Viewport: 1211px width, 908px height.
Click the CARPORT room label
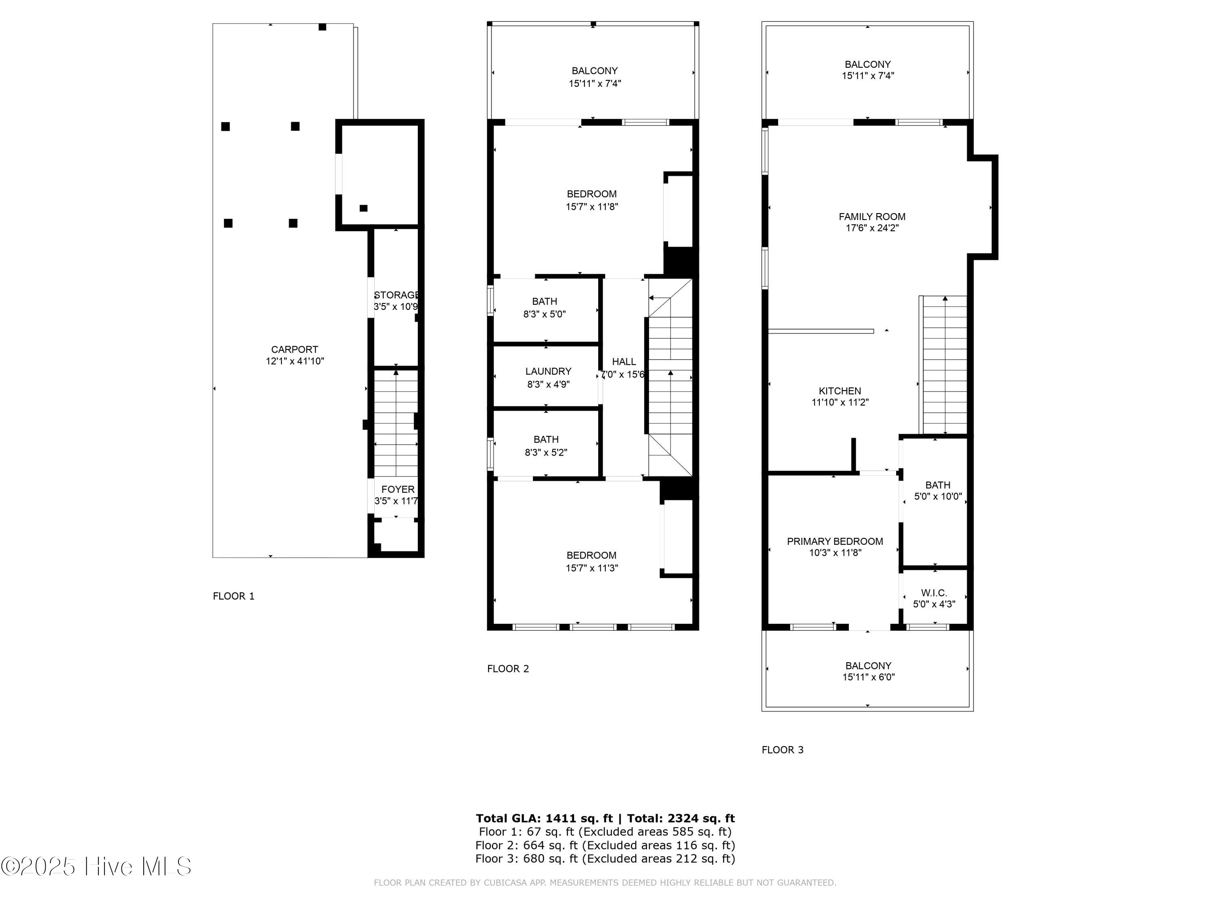(295, 349)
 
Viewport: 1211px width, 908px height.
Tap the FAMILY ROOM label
(872, 217)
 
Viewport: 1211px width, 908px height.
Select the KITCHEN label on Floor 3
(840, 391)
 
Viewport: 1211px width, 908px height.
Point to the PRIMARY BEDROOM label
(835, 541)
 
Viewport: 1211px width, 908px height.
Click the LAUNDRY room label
(548, 371)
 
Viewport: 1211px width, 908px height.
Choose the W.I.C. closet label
(934, 593)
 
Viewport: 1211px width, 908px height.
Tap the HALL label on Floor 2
(624, 362)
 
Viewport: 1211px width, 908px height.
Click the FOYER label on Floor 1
(398, 489)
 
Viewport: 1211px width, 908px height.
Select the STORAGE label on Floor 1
(396, 295)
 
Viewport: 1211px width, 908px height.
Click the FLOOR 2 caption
(508, 669)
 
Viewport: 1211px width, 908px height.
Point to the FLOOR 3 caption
(782, 750)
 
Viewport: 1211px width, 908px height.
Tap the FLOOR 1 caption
(234, 596)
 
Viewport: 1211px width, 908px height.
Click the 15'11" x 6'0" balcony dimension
(868, 677)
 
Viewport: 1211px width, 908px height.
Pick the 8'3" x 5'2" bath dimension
(546, 453)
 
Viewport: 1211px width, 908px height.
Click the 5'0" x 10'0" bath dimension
(938, 496)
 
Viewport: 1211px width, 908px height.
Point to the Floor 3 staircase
(945, 366)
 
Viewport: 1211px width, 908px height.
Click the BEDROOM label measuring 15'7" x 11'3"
(591, 555)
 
